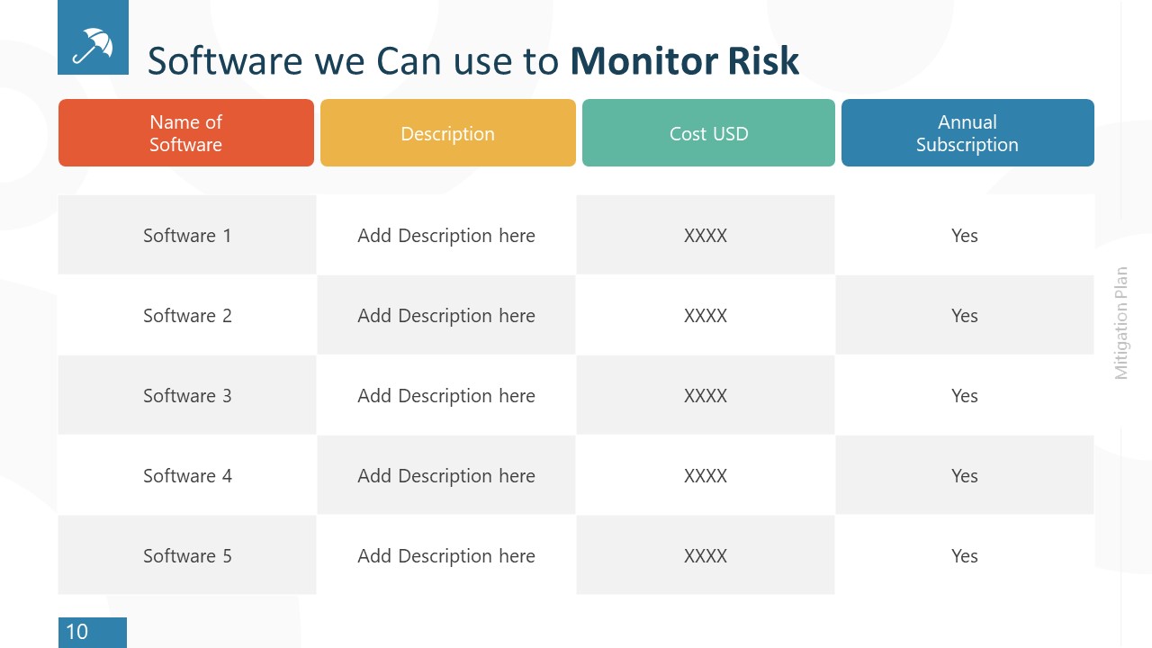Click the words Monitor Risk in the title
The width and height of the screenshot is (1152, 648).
[684, 61]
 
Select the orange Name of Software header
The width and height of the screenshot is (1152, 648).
[186, 133]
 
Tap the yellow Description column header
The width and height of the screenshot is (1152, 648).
[447, 133]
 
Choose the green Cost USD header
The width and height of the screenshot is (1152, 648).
[708, 133]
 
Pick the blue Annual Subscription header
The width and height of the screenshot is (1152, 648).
[967, 133]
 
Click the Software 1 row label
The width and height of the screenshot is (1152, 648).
[187, 236]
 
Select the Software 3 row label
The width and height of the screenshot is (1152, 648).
[187, 396]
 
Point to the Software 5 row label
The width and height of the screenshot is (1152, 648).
[187, 556]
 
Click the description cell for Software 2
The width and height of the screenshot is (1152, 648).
[446, 316]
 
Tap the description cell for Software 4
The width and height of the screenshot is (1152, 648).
[446, 476]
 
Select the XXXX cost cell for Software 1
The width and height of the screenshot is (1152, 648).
[706, 236]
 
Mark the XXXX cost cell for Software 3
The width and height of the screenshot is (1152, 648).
[706, 396]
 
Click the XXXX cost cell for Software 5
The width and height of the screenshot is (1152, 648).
[706, 556]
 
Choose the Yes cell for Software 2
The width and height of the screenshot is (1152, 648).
[965, 316]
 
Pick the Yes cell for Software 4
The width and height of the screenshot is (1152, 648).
[965, 476]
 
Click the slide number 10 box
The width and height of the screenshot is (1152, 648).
[92, 632]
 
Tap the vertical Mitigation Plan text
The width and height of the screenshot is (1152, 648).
[1121, 323]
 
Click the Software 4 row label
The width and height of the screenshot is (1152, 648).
[187, 476]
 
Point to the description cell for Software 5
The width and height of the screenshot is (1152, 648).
[446, 556]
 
